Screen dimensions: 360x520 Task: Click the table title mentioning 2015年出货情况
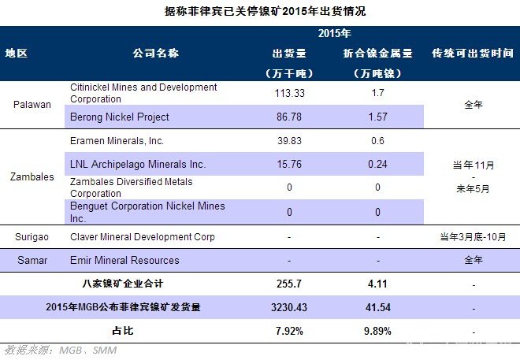pyautogui.click(x=260, y=12)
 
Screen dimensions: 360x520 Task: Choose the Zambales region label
pyautogui.click(x=32, y=176)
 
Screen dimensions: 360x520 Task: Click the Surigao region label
pyautogui.click(x=32, y=236)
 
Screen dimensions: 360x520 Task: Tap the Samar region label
pyautogui.click(x=32, y=260)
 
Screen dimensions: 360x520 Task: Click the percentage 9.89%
pyautogui.click(x=377, y=331)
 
